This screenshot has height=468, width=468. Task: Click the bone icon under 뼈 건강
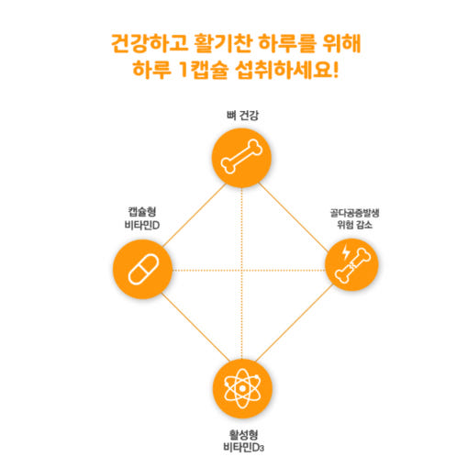pyautogui.click(x=241, y=157)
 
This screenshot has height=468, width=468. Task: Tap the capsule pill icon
pyautogui.click(x=143, y=269)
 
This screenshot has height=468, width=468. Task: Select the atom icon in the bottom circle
pyautogui.click(x=242, y=388)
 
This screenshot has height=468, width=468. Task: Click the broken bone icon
pyautogui.click(x=352, y=265)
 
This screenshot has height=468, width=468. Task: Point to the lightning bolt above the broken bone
pyautogui.click(x=346, y=251)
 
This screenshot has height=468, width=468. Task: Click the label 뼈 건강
pyautogui.click(x=242, y=116)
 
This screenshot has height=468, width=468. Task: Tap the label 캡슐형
pyautogui.click(x=142, y=212)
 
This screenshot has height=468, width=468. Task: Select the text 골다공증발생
pyautogui.click(x=354, y=213)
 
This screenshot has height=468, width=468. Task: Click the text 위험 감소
pyautogui.click(x=354, y=225)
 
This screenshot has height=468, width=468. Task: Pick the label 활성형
pyautogui.click(x=243, y=435)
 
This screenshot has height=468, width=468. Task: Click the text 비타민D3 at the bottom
pyautogui.click(x=243, y=448)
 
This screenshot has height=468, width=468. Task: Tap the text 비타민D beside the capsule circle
pyautogui.click(x=142, y=225)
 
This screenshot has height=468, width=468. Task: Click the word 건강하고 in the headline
pyautogui.click(x=150, y=43)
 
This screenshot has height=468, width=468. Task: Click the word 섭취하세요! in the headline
pyautogui.click(x=287, y=70)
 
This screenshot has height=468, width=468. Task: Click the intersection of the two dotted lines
pyautogui.click(x=241, y=270)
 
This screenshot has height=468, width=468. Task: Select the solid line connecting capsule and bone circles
pyautogui.click(x=194, y=216)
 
